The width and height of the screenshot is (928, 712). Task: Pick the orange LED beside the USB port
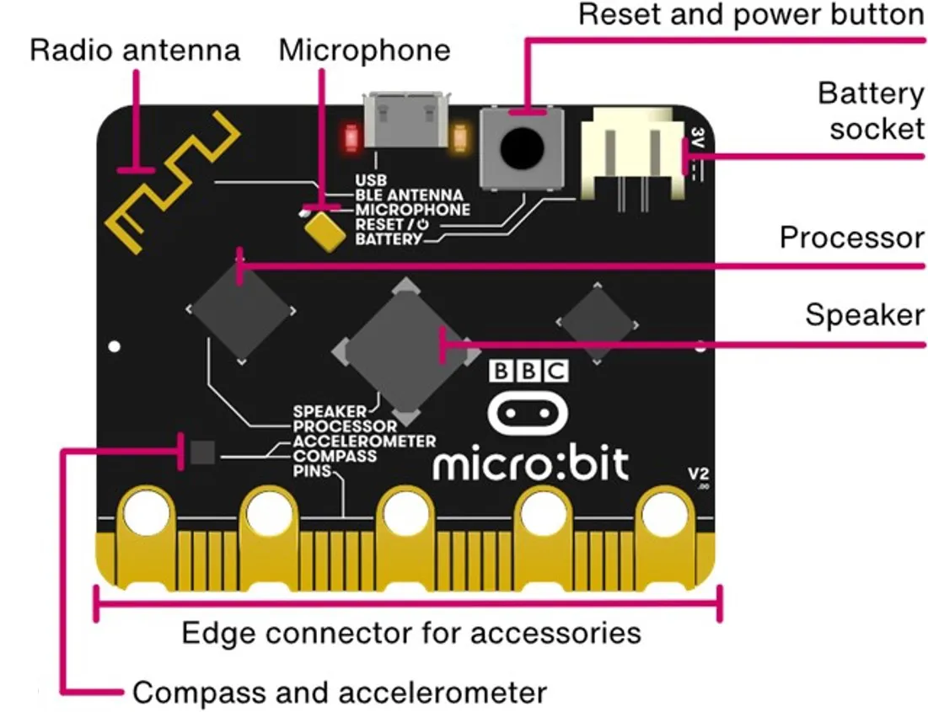(460, 135)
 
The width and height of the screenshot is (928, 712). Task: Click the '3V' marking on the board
(697, 137)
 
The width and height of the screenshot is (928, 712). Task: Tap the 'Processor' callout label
(851, 238)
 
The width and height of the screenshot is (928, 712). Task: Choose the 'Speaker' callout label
(864, 314)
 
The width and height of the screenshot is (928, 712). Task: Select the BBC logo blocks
(528, 372)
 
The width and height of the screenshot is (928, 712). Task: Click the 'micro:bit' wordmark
(531, 463)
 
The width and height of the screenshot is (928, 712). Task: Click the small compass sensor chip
(202, 453)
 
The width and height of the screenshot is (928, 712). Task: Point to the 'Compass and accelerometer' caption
(340, 693)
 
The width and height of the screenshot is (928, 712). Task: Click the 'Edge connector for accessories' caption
(411, 632)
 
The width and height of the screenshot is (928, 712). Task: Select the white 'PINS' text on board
(310, 470)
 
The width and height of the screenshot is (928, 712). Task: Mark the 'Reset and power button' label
(750, 15)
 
